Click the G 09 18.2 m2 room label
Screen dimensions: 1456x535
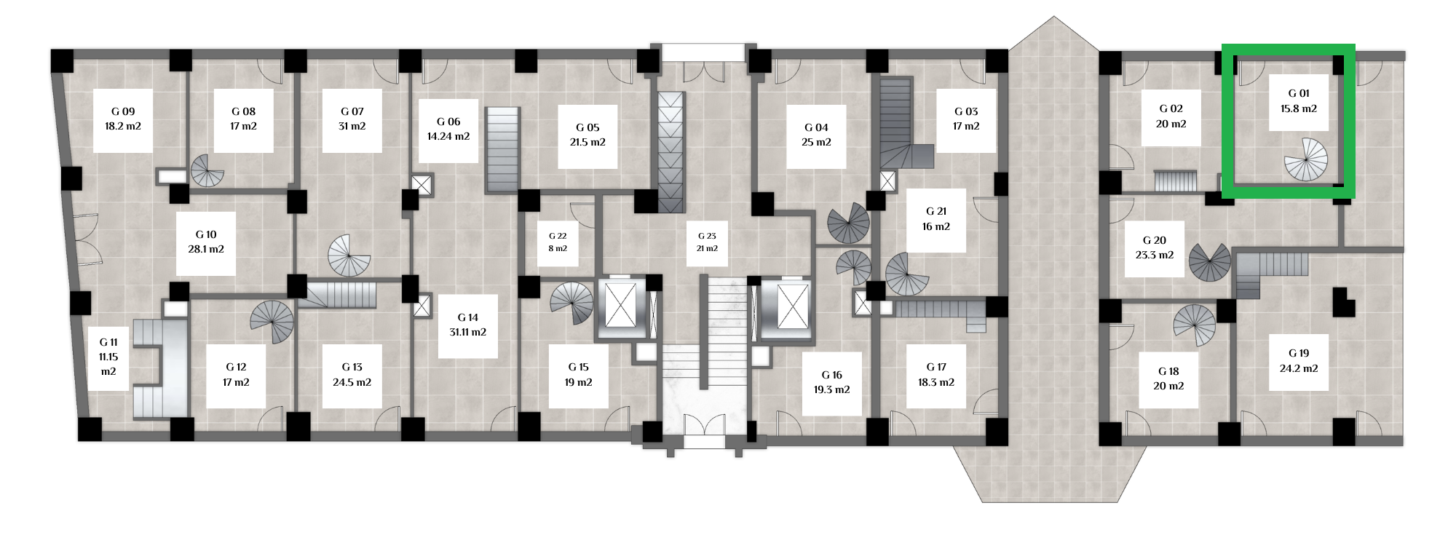122,119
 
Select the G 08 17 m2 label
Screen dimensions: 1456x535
243,119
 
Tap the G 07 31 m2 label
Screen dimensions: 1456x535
352,119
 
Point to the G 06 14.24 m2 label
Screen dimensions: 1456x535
453,130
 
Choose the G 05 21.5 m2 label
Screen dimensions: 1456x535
587,135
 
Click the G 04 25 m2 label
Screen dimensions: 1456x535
816,135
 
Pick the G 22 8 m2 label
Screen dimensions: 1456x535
558,242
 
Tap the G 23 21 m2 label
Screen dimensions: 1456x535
707,242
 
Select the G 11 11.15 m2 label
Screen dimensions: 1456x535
108,357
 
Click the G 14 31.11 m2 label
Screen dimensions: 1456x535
468,325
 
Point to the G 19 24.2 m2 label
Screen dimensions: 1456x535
1299,361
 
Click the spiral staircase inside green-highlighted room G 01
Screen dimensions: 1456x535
1305,159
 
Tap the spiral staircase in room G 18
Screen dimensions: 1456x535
1195,325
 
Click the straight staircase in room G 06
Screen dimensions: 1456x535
503,150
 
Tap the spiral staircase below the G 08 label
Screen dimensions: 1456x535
207,173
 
